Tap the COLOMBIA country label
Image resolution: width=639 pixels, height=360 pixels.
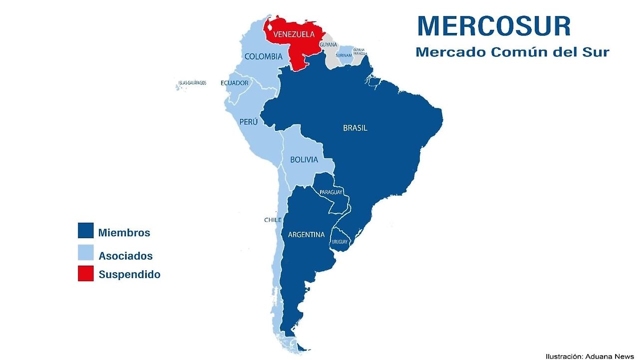tap(263, 56)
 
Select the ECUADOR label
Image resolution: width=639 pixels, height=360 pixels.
tap(234, 83)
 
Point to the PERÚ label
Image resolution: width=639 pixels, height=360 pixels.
tap(248, 121)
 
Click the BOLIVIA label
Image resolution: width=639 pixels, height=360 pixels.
tap(304, 160)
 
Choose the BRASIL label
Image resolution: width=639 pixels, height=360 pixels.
tap(355, 128)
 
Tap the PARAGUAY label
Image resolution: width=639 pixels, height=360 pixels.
tap(331, 192)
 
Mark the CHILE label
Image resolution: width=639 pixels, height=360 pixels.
tap(273, 220)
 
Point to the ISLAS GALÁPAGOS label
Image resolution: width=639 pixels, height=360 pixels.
tap(192, 83)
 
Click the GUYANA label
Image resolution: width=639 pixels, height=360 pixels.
tap(328, 45)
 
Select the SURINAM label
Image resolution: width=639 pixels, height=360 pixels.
tap(344, 55)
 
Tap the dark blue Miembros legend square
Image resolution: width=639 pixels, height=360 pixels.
tap(86, 230)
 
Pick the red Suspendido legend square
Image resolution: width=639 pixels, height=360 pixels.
tap(86, 274)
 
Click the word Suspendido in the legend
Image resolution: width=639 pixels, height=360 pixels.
tap(129, 274)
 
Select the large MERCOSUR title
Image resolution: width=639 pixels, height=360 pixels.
tap(494, 26)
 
